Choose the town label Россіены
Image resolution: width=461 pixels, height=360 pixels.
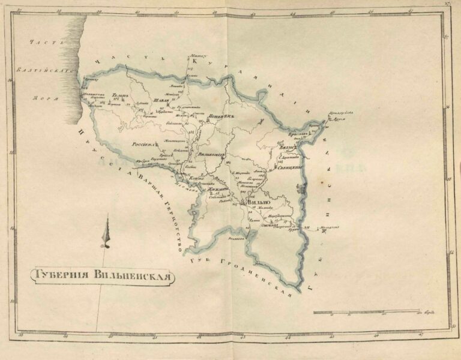143,145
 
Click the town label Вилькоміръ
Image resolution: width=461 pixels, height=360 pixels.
211,155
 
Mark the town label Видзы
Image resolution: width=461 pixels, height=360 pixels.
286,146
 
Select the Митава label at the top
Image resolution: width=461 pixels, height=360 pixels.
196,55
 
